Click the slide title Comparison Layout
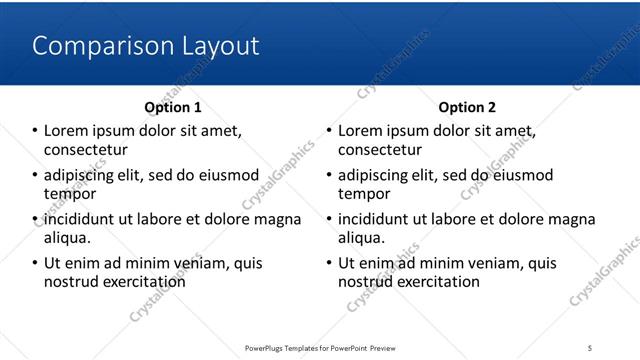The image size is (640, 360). point(146,46)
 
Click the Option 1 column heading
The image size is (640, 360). point(173,107)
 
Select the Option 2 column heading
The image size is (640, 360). point(467,107)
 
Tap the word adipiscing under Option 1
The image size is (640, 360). point(83,175)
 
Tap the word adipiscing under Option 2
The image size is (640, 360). point(377,175)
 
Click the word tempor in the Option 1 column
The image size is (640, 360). point(69,194)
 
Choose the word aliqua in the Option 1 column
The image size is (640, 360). point(66,238)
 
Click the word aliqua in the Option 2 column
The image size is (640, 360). point(360,238)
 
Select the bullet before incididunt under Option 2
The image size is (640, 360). point(329,219)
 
